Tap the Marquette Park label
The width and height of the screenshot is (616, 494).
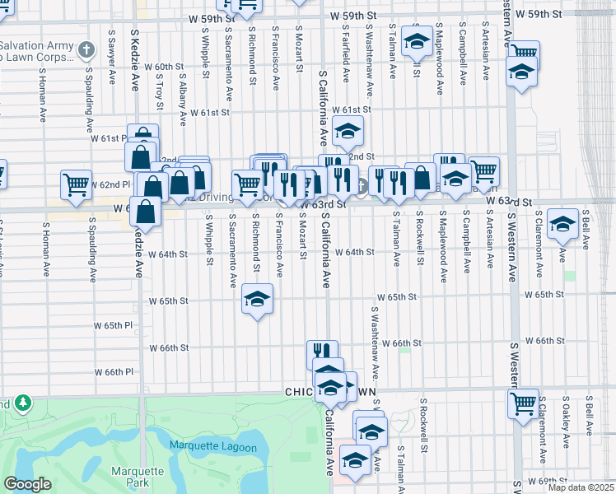(x=132, y=478)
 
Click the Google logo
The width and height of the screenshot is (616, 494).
(x=27, y=484)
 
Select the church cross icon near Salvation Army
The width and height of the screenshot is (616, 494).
(x=85, y=49)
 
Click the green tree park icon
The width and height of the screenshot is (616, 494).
(x=23, y=403)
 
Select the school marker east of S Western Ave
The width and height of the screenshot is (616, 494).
(x=563, y=224)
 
